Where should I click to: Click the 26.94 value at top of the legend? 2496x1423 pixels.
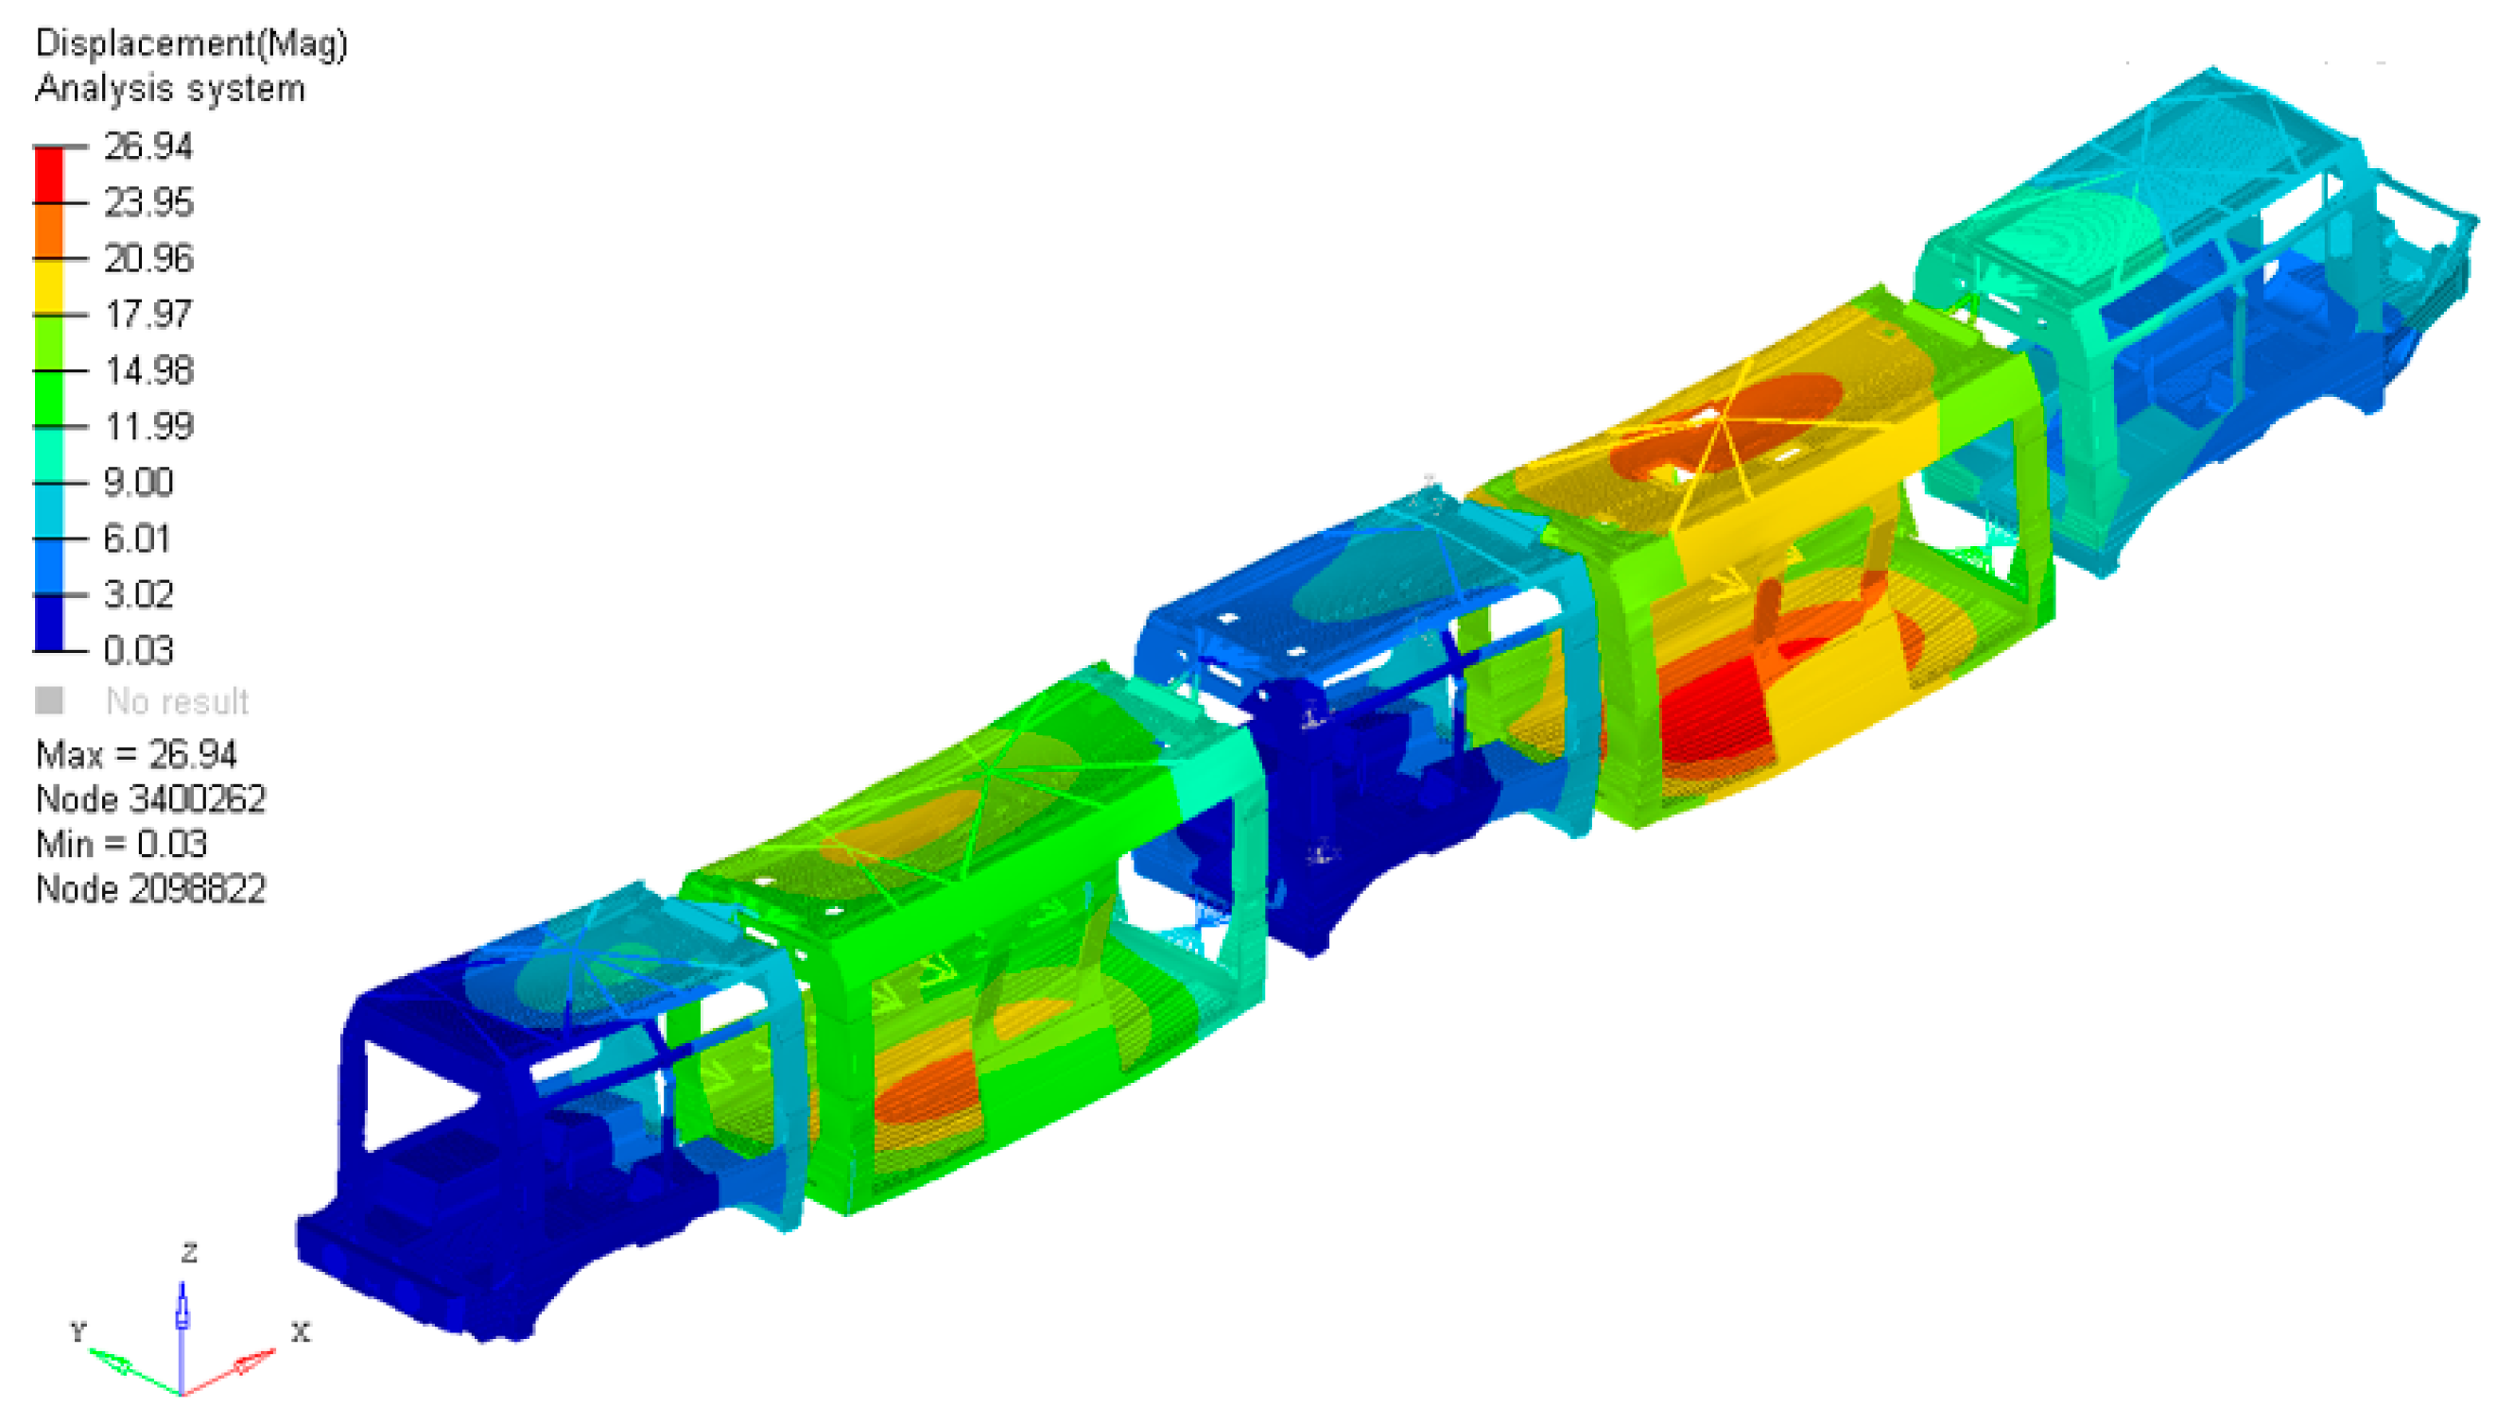click(147, 147)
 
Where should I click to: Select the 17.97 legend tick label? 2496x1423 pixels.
click(148, 315)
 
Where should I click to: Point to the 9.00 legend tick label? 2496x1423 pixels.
click(138, 483)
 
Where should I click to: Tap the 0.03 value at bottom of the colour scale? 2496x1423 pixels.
click(138, 651)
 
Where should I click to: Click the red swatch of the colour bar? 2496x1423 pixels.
click(49, 175)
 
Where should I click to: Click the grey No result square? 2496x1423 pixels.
click(49, 701)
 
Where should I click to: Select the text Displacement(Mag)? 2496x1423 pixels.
click(191, 44)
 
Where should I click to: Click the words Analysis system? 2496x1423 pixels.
click(170, 89)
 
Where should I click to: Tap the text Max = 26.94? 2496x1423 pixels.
click(136, 755)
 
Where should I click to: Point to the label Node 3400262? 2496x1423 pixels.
click(150, 799)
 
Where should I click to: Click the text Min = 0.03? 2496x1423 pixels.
click(121, 845)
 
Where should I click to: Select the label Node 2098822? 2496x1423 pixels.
click(150, 889)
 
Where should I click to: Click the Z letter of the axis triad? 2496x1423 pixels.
click(190, 1253)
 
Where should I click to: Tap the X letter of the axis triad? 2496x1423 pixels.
click(300, 1332)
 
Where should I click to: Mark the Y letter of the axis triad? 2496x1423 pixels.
click(78, 1331)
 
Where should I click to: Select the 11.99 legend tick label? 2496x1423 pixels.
click(148, 427)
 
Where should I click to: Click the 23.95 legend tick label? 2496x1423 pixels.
click(148, 203)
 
